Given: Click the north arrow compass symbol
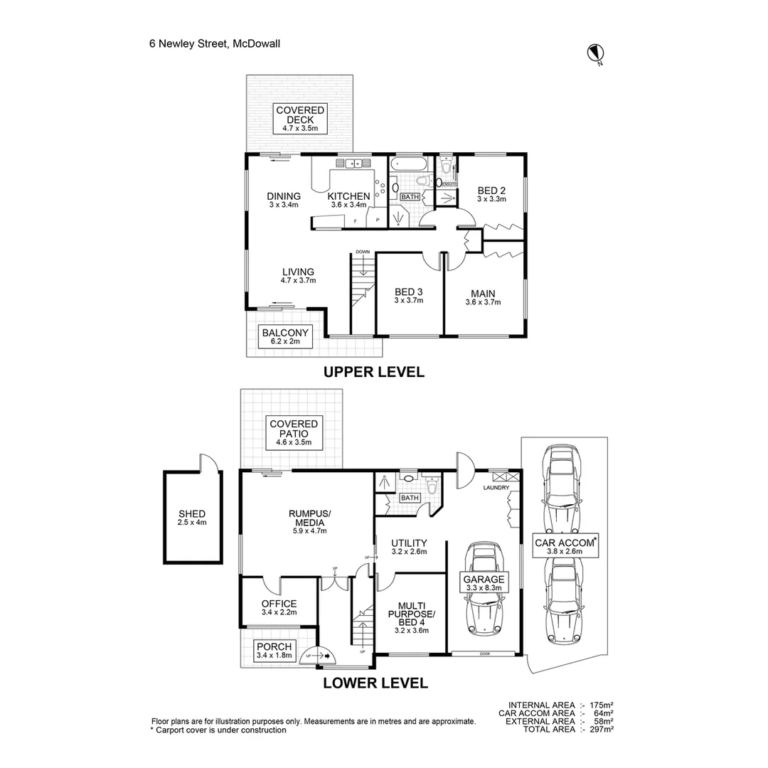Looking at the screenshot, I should click(x=594, y=53).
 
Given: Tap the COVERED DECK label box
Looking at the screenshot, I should click(x=300, y=119).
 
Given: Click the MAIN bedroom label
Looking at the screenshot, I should click(x=483, y=297).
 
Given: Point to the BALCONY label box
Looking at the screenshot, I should click(x=285, y=336).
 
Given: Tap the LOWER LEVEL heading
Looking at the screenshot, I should click(x=375, y=683).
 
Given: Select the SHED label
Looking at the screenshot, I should click(x=192, y=518).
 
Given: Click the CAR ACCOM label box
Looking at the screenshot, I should click(x=564, y=545).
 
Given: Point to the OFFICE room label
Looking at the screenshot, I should click(x=279, y=607).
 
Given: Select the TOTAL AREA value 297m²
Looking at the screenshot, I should click(x=601, y=729).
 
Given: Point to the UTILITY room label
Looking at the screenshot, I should click(x=409, y=547).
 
